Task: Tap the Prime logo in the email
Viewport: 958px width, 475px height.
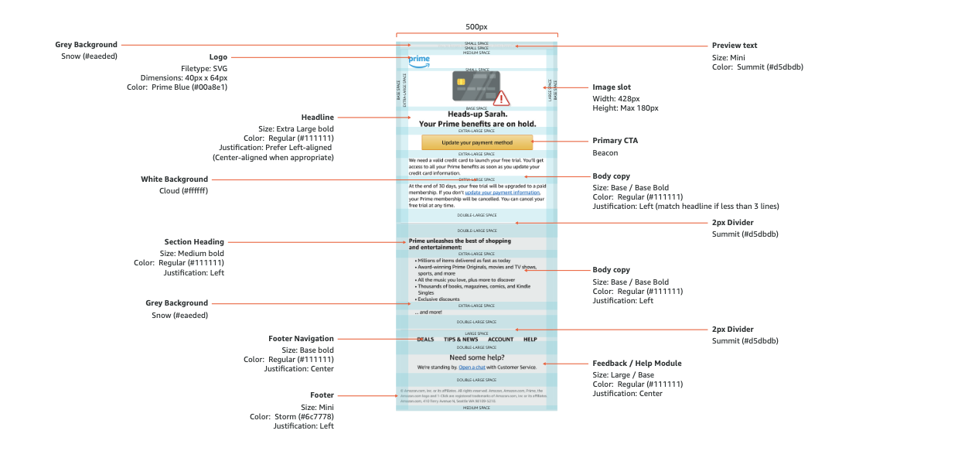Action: point(419,61)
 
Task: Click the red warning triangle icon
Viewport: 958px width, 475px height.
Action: point(502,98)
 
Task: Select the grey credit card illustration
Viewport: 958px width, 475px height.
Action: point(475,86)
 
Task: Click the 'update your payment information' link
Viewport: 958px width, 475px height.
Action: point(496,193)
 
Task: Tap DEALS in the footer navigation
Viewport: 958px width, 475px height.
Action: point(425,340)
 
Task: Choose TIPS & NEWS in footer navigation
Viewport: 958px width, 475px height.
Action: point(461,340)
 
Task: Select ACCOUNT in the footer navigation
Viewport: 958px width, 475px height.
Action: point(500,340)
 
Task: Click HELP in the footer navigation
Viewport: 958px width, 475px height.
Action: point(530,340)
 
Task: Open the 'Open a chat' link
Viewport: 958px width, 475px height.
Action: point(472,367)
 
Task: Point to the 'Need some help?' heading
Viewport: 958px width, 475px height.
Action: point(476,357)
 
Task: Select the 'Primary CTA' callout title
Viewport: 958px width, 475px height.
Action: point(615,141)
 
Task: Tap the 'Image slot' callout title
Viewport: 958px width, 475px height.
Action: point(612,87)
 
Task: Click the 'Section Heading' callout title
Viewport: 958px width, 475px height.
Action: point(194,241)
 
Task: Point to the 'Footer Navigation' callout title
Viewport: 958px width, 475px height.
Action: point(301,338)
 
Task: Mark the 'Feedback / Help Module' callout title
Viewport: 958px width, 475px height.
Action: point(637,363)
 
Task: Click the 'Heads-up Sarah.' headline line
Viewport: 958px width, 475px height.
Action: point(476,114)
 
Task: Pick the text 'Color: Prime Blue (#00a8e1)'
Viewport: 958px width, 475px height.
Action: point(177,87)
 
